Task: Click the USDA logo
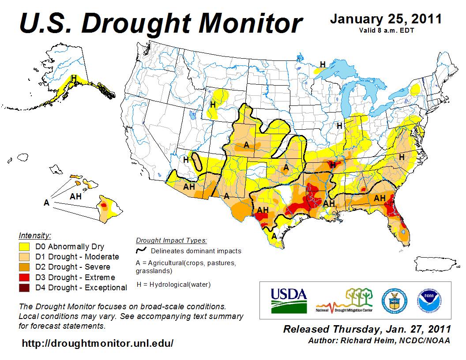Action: click(289, 300)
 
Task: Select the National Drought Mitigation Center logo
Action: click(345, 300)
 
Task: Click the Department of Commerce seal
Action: click(395, 300)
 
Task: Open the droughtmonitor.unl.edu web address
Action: click(98, 343)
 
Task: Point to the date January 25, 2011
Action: click(386, 19)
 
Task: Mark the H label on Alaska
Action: click(74, 78)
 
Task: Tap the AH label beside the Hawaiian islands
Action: click(76, 196)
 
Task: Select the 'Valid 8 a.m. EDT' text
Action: click(386, 30)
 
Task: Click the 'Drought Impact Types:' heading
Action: click(171, 240)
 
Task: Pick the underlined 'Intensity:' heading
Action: click(35, 235)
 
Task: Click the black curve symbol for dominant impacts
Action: click(141, 251)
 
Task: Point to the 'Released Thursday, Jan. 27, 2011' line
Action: click(367, 329)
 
